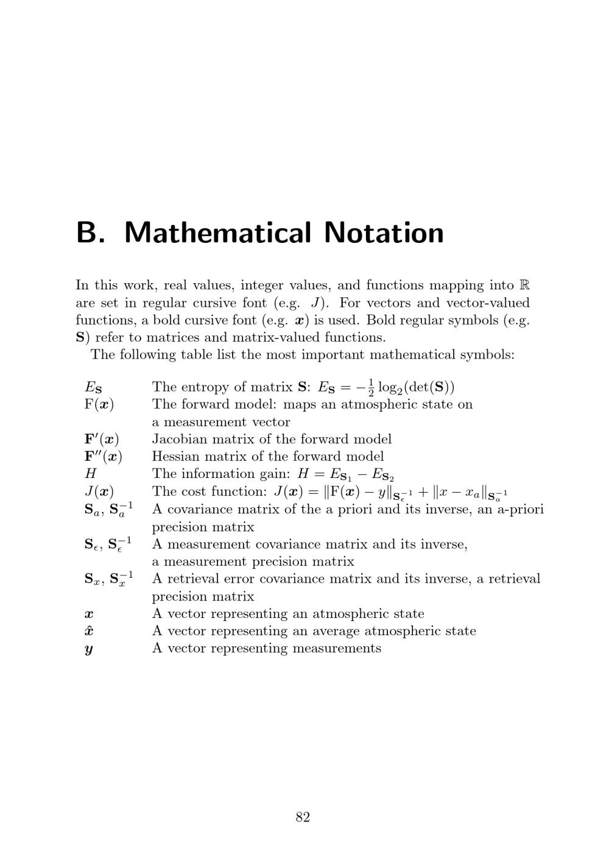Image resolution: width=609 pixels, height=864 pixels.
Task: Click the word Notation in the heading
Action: click(384, 233)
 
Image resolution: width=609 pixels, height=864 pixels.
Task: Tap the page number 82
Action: click(303, 817)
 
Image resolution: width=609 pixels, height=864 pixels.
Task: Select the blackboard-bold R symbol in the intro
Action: click(524, 285)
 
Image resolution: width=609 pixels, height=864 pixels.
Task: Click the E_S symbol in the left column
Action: click(93, 387)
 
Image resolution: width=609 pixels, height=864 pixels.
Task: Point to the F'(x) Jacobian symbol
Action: click(102, 439)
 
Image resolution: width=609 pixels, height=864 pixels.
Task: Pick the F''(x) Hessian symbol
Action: click(103, 456)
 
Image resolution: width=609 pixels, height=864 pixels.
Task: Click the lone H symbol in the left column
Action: click(91, 474)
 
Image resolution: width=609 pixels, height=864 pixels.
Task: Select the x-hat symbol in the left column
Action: click(89, 631)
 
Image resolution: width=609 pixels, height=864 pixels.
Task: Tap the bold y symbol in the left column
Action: click(89, 649)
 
